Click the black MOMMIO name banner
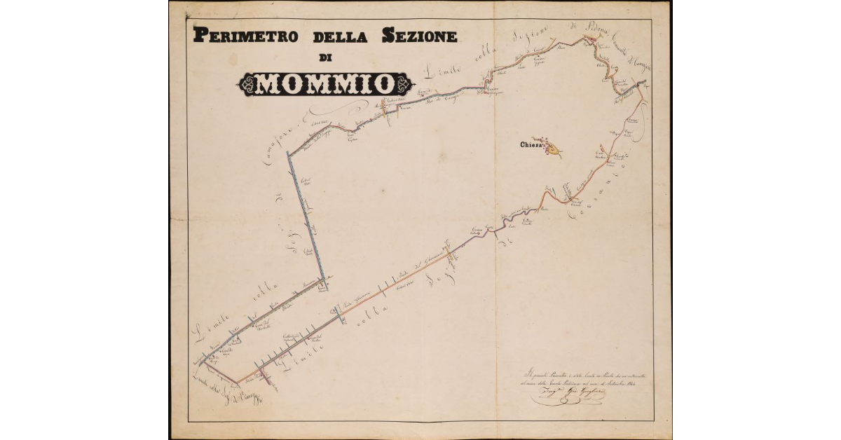323,84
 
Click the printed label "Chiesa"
531,146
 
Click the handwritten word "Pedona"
581,29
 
